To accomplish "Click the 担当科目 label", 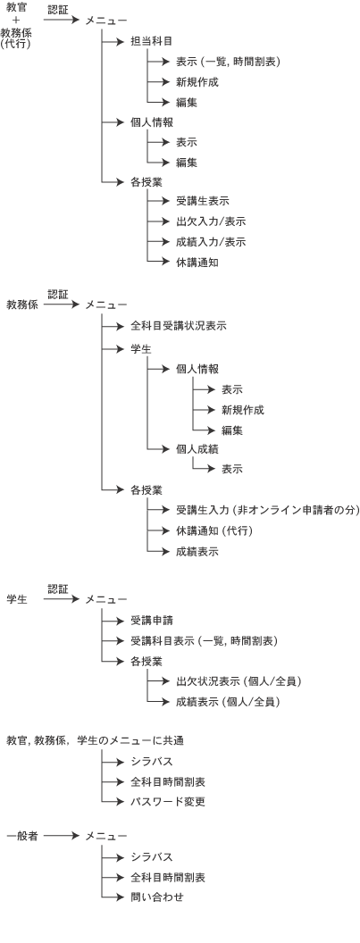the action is coord(152,41).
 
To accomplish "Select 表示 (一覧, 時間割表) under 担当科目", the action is coord(229,62).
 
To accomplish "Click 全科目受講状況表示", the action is coord(178,326).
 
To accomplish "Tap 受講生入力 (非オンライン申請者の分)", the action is coord(267,511).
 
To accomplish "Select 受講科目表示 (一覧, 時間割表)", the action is coord(204,641).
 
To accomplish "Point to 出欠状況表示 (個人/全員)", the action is coord(239,682).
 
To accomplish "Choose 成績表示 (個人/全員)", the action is coord(228,702).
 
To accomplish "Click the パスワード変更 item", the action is coord(168,802).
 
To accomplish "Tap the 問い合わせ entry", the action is coord(157,897).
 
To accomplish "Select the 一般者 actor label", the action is coord(22,836).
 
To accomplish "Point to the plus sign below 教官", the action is coord(16,21).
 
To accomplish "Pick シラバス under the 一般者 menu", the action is coord(152,857).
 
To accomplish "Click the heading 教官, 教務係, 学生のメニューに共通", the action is coord(95,740).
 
